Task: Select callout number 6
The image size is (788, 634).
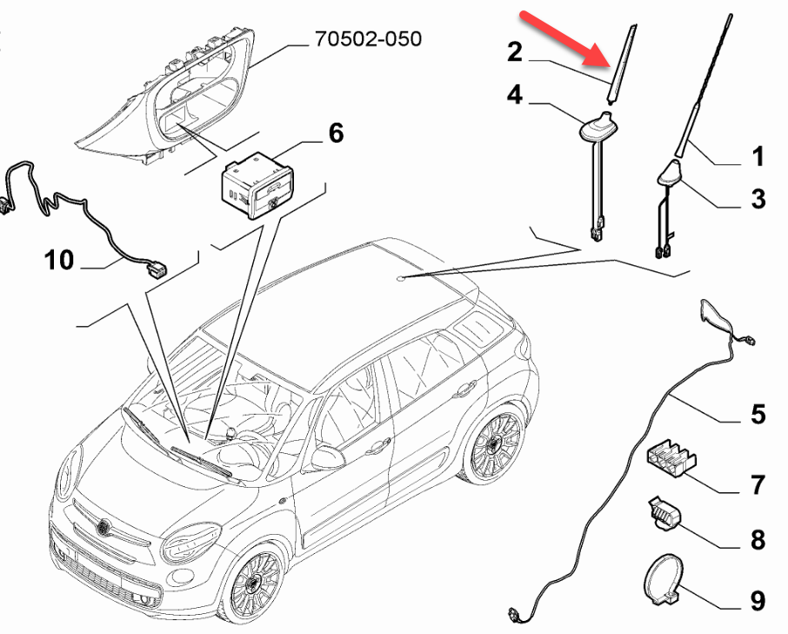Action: pyautogui.click(x=334, y=133)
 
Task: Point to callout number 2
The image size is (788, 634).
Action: pyautogui.click(x=516, y=52)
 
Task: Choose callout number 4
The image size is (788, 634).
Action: pyautogui.click(x=516, y=95)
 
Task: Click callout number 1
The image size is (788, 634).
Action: pyautogui.click(x=758, y=157)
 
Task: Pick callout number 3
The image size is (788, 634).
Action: pyautogui.click(x=758, y=198)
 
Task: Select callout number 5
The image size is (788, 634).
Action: pyautogui.click(x=758, y=414)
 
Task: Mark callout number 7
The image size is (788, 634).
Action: pyautogui.click(x=758, y=484)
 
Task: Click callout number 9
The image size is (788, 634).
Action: pyautogui.click(x=758, y=600)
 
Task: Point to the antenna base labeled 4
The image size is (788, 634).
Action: pyautogui.click(x=594, y=130)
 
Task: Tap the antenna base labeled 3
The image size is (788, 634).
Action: pyautogui.click(x=669, y=175)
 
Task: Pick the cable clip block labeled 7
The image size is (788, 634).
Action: pyautogui.click(x=673, y=458)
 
